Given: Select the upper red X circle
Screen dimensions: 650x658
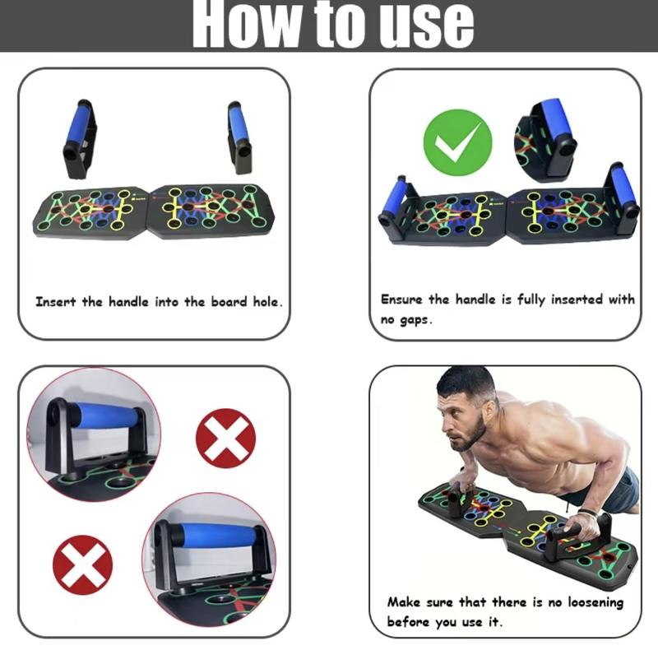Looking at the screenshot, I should pos(225,439).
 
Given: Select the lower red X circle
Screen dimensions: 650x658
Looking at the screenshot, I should pos(82,564).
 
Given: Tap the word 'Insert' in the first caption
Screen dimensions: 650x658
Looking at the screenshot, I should pos(57,302).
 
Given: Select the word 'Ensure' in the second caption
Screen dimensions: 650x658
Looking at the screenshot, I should pos(402,299).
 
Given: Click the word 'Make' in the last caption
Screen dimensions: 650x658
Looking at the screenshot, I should pos(405,602).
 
